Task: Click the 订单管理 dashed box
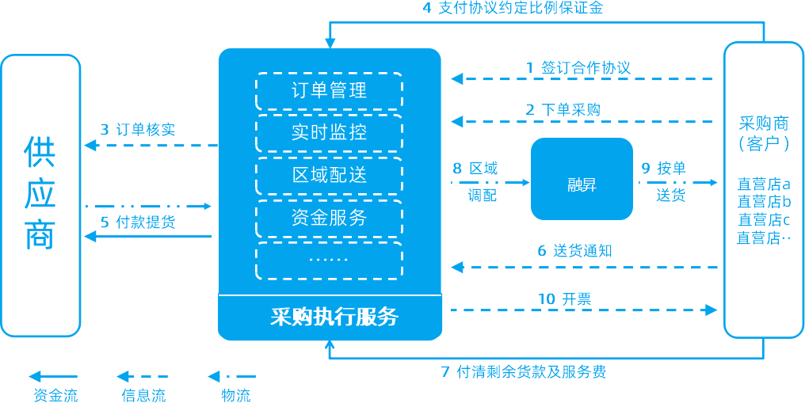[329, 90]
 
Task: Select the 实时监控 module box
[329, 132]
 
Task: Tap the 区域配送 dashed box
[329, 175]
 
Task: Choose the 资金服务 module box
[329, 218]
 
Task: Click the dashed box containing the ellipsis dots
[329, 260]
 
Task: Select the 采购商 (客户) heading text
[764, 133]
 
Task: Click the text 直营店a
[764, 184]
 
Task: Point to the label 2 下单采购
[563, 110]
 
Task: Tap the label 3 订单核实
[138, 130]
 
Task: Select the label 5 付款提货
[138, 222]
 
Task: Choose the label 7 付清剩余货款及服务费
[523, 371]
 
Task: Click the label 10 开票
[565, 298]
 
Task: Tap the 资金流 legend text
[55, 395]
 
